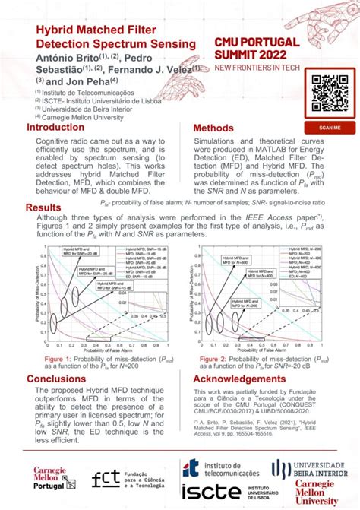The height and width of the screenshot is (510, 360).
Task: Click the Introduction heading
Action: click(55, 128)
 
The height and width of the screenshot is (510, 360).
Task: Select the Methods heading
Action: click(219, 128)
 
